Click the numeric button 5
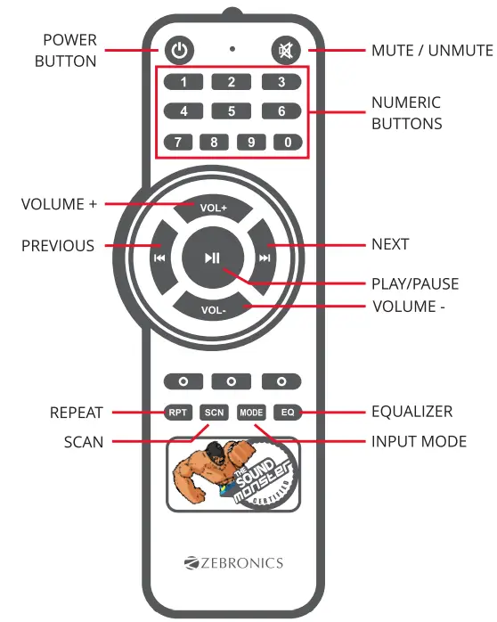(x=232, y=111)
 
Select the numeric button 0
(x=286, y=142)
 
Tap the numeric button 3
(x=281, y=83)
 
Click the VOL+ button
(x=214, y=207)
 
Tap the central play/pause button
(x=212, y=258)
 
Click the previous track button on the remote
(x=159, y=258)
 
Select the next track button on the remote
(x=265, y=258)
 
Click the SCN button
(x=214, y=413)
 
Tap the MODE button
(x=251, y=413)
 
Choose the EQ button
(x=288, y=413)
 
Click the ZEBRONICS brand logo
(x=233, y=562)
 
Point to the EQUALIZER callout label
(x=411, y=412)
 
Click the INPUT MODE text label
(x=419, y=441)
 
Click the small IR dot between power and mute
(x=232, y=49)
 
